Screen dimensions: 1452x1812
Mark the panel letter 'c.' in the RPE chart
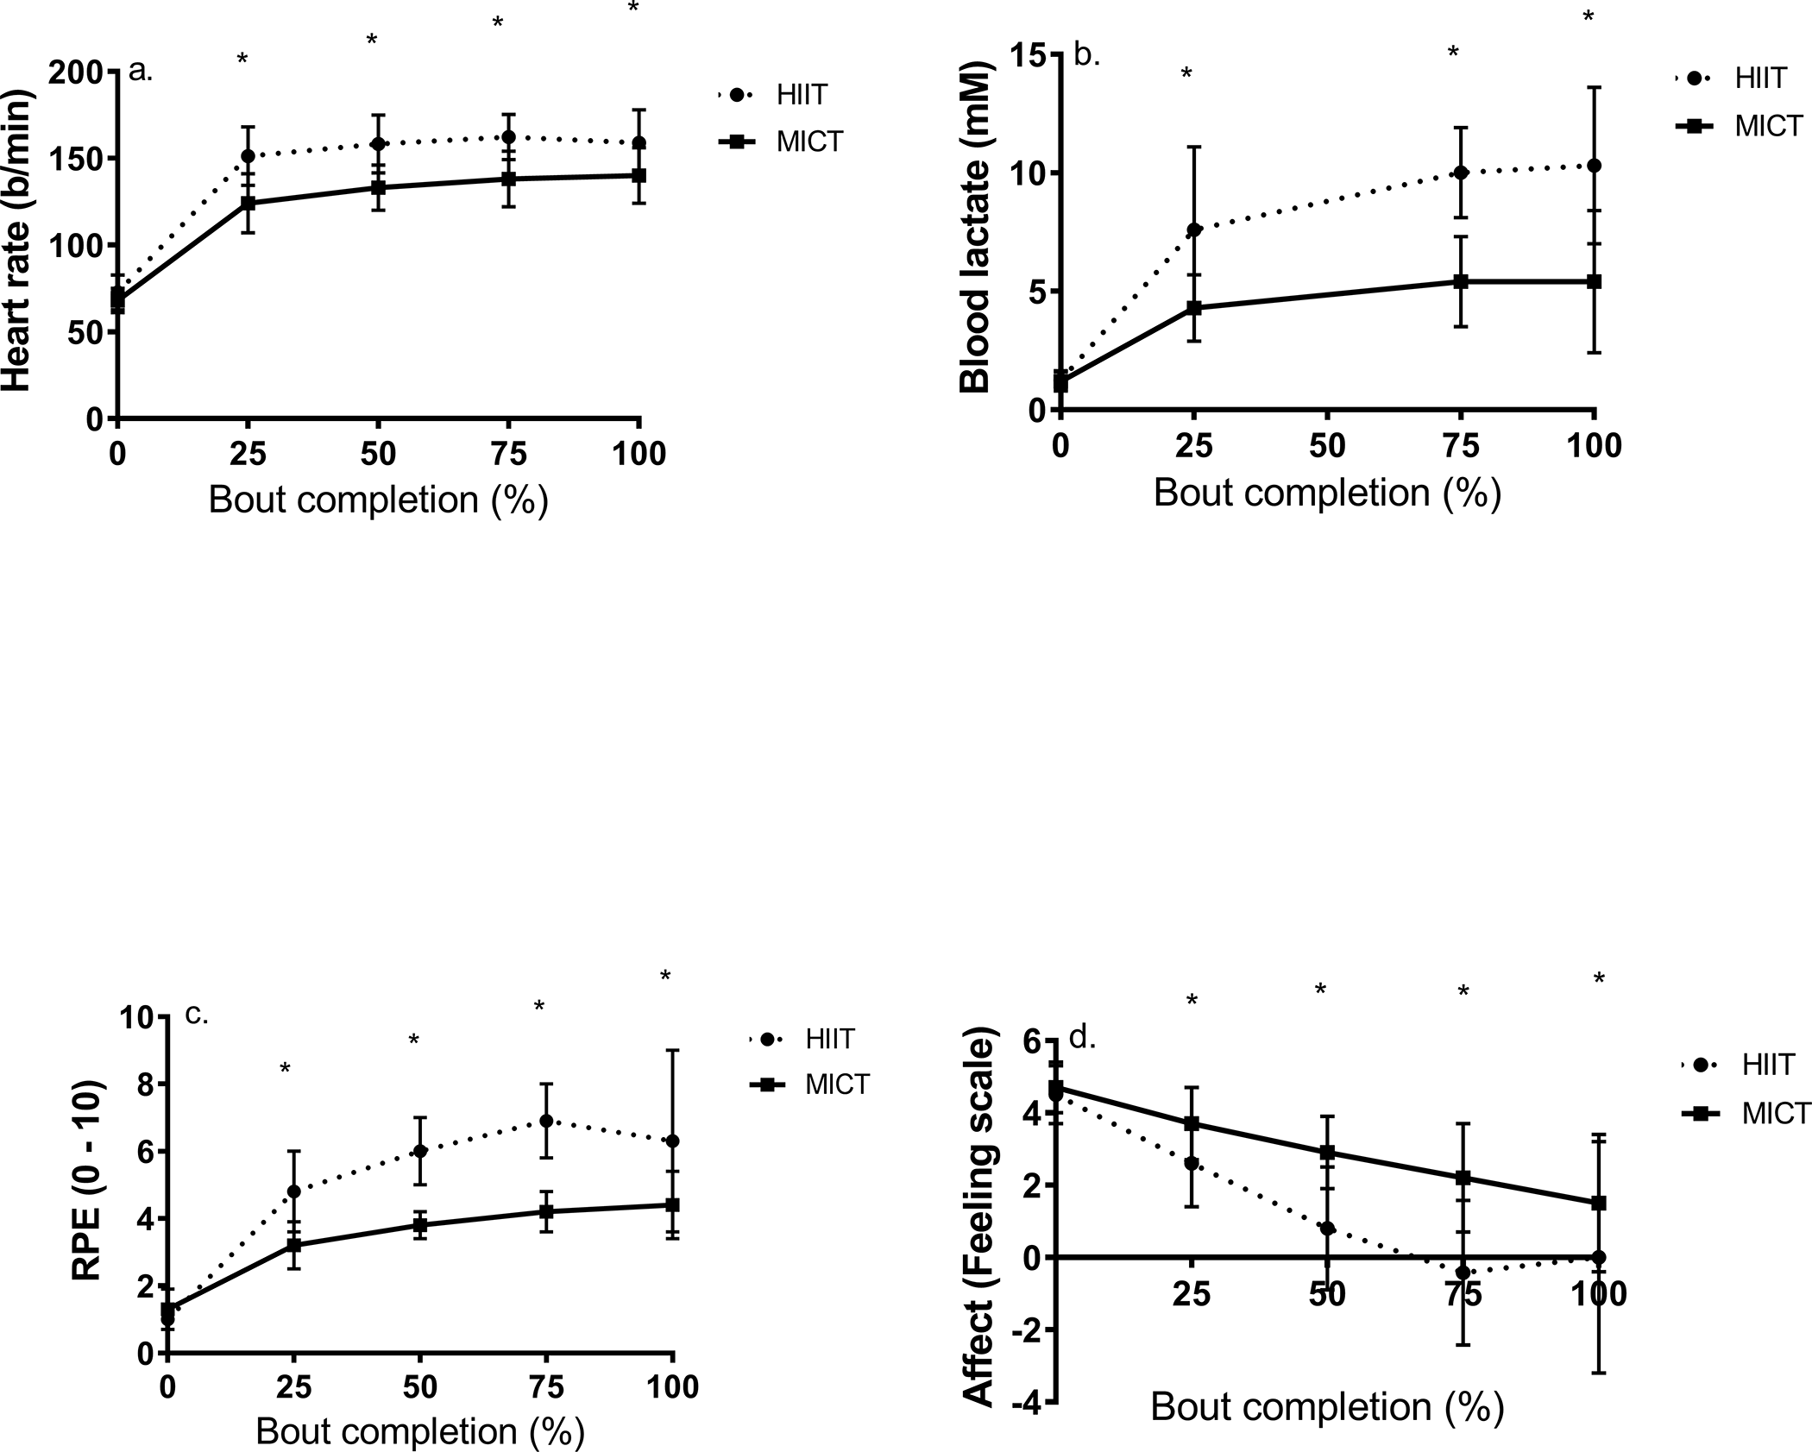pos(197,1015)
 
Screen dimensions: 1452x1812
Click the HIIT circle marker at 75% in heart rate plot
pos(509,137)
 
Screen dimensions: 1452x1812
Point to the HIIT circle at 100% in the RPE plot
pos(672,1141)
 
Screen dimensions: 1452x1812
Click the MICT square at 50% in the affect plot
pos(1328,1153)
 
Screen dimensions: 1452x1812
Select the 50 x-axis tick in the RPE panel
pos(420,1387)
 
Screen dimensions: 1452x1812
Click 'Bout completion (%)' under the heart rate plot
pos(379,500)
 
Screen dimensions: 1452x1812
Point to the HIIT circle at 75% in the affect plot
pos(1463,1273)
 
